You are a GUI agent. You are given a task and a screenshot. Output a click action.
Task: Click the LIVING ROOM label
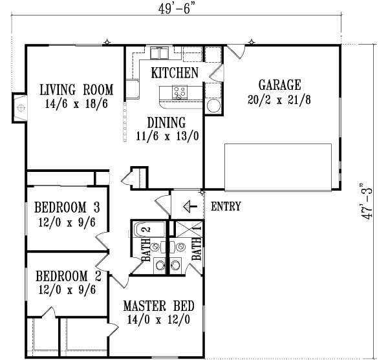76,89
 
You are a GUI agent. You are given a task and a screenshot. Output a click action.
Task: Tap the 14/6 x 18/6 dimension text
76,103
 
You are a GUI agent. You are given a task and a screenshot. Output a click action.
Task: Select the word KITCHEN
174,72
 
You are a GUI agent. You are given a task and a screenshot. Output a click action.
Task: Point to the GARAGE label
279,85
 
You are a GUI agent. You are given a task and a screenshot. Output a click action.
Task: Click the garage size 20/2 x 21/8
279,99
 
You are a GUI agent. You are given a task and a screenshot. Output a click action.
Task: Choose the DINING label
166,122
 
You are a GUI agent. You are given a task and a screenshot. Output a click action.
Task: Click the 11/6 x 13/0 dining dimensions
166,136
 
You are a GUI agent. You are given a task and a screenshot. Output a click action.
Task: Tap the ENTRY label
226,207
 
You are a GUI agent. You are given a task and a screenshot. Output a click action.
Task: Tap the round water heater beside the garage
214,106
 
